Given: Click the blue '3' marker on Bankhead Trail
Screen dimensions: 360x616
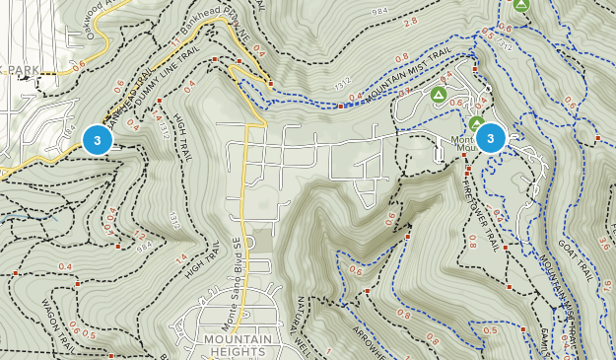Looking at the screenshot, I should tap(97, 139).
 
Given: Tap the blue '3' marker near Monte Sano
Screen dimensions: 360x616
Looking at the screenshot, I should tap(491, 138).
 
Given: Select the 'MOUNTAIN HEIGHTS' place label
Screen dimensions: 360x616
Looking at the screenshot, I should tap(238, 345).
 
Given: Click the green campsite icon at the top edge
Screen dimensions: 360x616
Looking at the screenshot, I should tap(521, 6).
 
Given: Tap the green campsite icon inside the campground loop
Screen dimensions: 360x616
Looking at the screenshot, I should tap(439, 95).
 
